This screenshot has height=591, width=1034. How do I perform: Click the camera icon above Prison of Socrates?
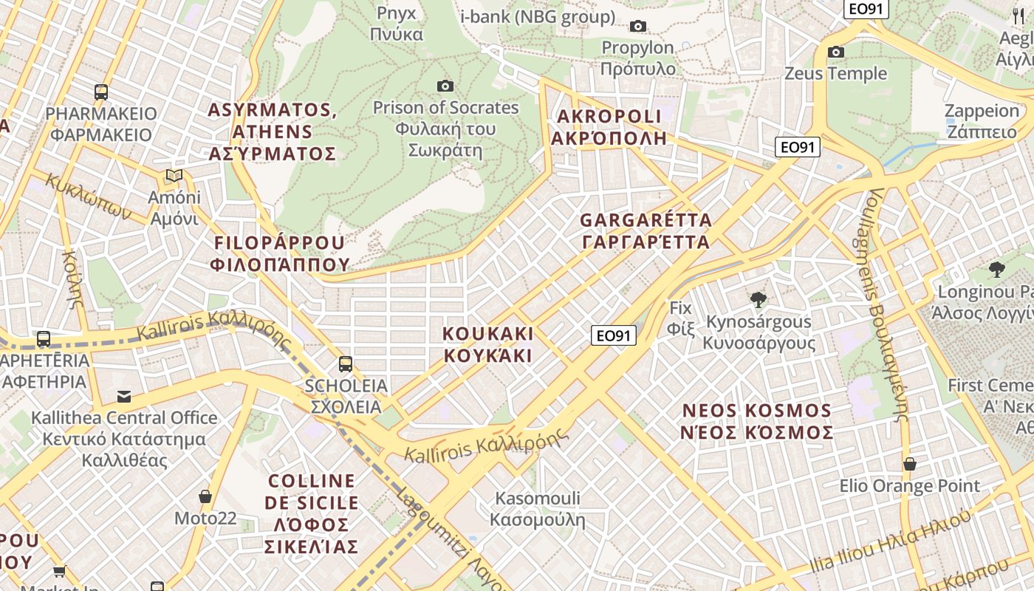tap(445, 86)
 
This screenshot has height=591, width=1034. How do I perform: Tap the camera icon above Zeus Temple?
tap(836, 52)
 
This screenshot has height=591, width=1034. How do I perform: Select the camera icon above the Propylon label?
tap(638, 27)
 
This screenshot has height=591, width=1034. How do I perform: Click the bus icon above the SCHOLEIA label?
tap(345, 363)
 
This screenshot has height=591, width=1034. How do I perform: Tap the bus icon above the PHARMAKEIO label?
tap(101, 92)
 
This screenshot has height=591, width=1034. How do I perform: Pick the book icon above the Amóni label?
tap(174, 176)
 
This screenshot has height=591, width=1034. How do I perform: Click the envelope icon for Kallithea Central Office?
tap(124, 397)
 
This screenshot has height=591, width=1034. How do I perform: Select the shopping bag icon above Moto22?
tap(205, 496)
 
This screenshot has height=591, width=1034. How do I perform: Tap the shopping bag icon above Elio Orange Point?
tap(910, 464)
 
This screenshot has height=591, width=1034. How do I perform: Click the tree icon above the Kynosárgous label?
tap(758, 300)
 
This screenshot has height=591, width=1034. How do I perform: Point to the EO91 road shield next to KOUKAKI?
tap(614, 336)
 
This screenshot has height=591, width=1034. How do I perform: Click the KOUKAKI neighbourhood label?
tap(487, 344)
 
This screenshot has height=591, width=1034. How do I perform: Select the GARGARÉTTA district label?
tap(646, 230)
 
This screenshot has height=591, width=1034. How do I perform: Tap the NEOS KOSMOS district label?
tap(757, 421)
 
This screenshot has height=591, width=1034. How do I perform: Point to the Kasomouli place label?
tap(538, 509)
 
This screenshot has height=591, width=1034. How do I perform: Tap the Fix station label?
tap(681, 318)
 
